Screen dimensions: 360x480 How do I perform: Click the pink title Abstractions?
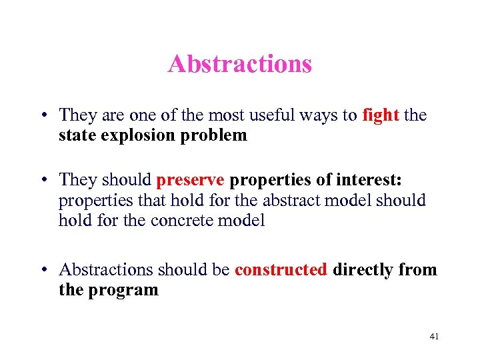(240, 64)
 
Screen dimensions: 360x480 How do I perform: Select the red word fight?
(381, 115)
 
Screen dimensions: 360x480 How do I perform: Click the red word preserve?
(191, 180)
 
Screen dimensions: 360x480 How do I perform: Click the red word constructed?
(281, 269)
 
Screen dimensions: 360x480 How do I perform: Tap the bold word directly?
(365, 269)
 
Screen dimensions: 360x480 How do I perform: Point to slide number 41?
(434, 337)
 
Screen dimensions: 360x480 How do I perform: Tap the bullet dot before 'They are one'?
(43, 116)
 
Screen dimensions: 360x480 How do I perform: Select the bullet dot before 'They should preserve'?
(43, 181)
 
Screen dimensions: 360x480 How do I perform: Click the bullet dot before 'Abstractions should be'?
(43, 270)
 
